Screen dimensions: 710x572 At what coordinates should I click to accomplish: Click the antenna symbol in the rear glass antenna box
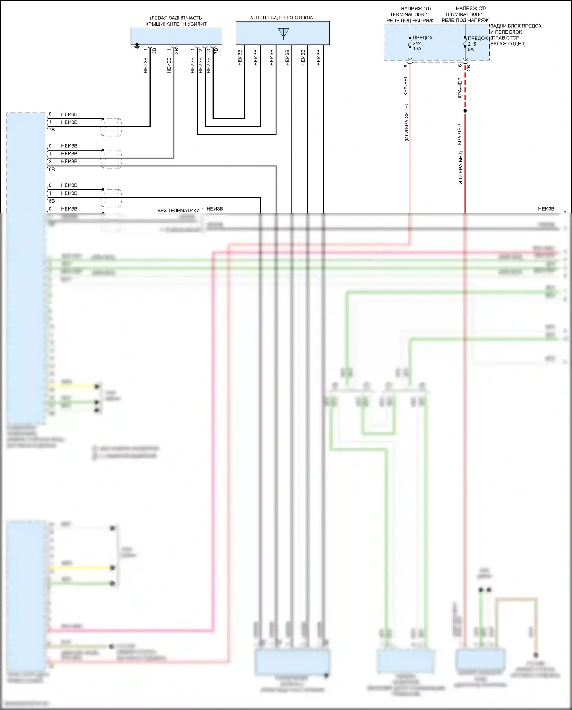point(283,34)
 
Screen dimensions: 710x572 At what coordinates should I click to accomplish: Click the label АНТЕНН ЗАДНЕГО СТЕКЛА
point(281,18)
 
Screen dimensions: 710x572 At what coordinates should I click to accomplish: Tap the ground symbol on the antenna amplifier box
point(137,46)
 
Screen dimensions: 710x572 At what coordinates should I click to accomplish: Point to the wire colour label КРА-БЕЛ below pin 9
point(405,86)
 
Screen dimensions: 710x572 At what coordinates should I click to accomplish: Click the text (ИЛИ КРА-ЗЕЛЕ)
point(407,123)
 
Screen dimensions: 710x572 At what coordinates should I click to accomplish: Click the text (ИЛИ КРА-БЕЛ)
point(460,169)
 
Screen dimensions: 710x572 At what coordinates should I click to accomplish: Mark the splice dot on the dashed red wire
point(465,111)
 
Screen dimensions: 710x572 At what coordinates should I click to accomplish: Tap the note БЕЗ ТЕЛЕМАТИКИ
point(178,211)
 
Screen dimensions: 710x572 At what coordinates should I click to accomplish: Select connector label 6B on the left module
point(52,169)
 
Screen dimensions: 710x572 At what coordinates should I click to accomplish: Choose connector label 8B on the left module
point(52,201)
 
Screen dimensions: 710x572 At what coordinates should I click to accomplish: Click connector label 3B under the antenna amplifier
point(154,50)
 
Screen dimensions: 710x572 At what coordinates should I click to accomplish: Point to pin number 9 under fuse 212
point(405,66)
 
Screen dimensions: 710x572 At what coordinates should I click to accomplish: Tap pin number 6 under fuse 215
point(460,66)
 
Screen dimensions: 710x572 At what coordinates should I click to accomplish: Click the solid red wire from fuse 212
point(410,153)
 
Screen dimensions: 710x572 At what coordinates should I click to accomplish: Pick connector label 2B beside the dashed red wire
point(469,68)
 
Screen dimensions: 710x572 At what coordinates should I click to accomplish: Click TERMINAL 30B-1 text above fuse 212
point(409,14)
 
